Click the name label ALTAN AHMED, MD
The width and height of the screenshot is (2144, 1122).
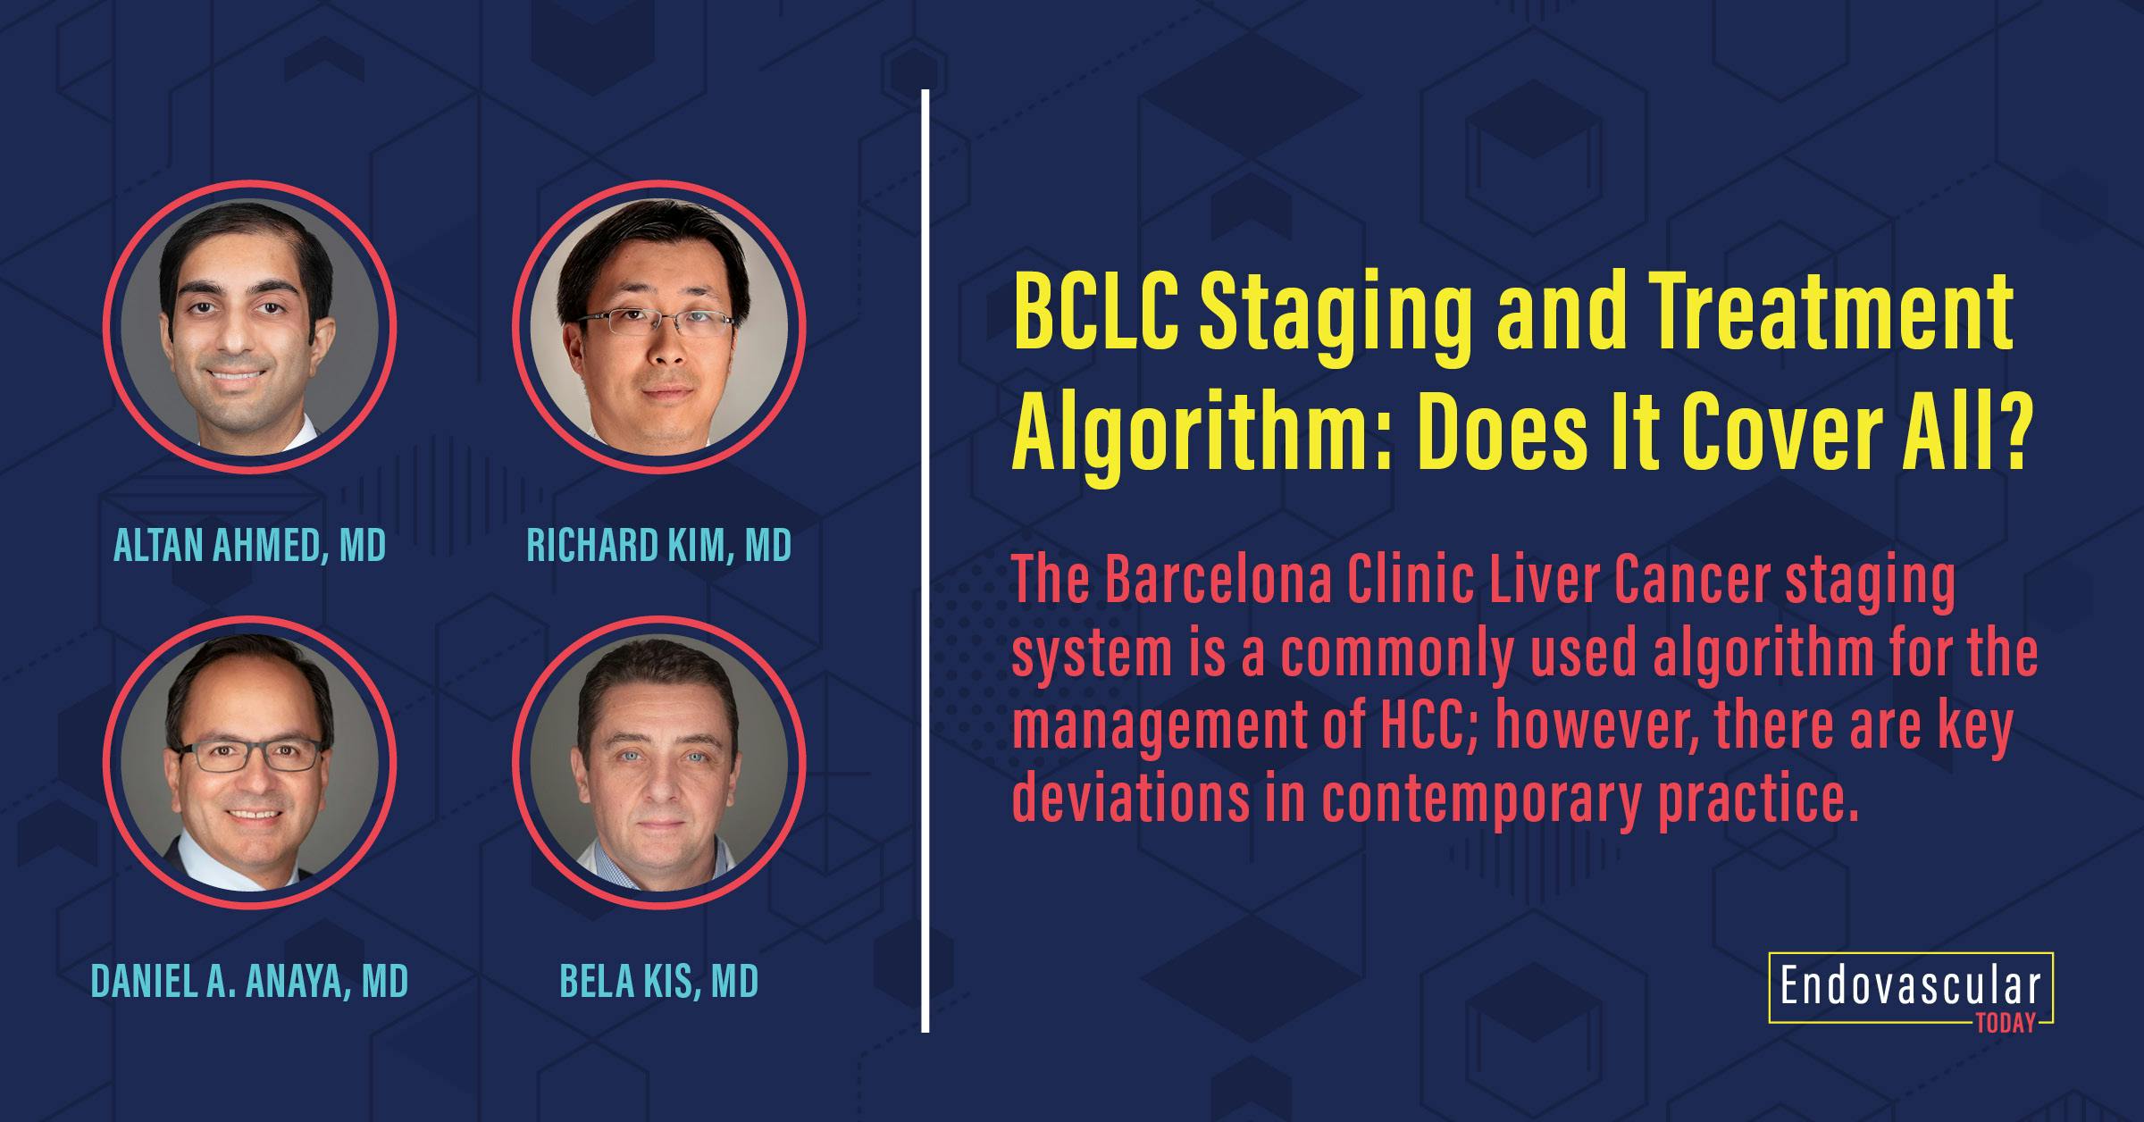pos(249,546)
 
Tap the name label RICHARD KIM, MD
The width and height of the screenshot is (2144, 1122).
pos(658,546)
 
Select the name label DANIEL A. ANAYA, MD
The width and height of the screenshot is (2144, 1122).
pos(249,981)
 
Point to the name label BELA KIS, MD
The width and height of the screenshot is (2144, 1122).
pos(658,981)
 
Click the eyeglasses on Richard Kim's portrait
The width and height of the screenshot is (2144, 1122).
pos(658,322)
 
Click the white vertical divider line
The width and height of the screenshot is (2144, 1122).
pos(925,561)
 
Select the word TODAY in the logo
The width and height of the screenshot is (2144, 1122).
pos(2010,1024)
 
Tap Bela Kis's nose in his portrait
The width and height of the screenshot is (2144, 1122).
pos(658,786)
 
